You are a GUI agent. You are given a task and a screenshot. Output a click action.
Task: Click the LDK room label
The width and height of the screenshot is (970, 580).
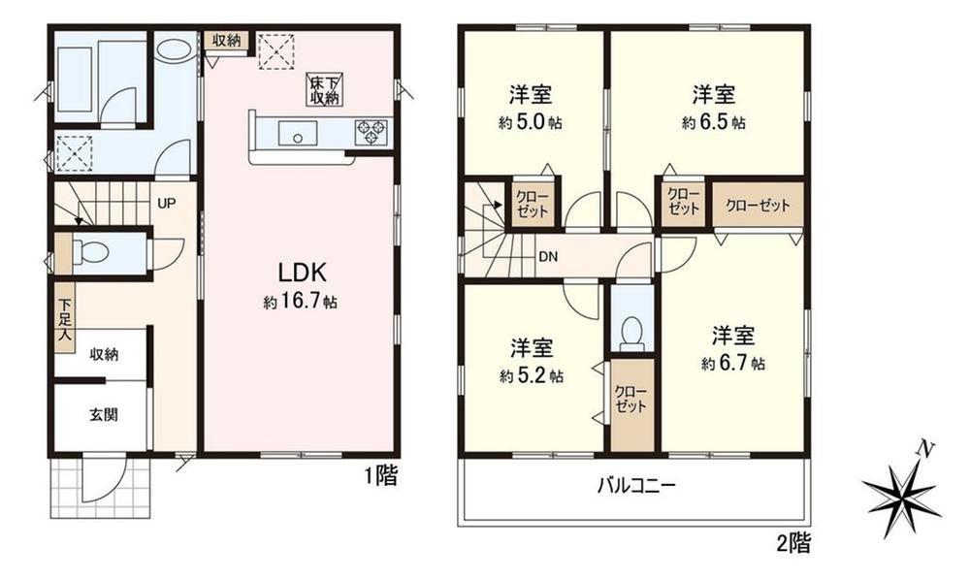coord(301,273)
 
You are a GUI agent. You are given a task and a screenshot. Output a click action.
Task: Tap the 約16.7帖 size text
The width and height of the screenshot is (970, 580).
coord(300,303)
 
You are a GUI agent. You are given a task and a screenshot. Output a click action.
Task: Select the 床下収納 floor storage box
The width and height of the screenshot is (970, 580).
coord(326,89)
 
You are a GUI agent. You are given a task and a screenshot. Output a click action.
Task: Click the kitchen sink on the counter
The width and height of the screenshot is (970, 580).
coord(298,133)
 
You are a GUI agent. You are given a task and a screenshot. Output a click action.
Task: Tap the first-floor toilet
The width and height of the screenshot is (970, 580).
coord(90,252)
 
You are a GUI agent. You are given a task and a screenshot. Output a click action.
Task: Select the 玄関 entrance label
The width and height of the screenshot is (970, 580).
coord(103,415)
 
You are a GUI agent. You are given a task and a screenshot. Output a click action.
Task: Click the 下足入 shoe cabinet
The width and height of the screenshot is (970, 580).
coord(64,318)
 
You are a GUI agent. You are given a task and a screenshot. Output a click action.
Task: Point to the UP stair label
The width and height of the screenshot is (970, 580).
coord(166,203)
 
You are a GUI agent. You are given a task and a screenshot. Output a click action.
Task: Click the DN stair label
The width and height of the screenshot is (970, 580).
coord(548,256)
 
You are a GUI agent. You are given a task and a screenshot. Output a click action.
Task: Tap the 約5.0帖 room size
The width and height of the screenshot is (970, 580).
coord(531,122)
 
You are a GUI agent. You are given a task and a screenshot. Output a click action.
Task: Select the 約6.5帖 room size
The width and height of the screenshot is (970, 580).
coord(713,122)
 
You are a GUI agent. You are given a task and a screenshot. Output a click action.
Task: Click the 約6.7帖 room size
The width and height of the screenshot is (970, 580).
coord(732,364)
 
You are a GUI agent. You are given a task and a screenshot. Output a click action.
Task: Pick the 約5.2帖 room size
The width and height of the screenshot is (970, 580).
coord(532,375)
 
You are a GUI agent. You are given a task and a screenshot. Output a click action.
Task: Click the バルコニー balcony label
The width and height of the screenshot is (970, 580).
coord(636,485)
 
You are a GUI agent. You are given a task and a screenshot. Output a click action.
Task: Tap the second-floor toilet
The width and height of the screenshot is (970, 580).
coord(631,333)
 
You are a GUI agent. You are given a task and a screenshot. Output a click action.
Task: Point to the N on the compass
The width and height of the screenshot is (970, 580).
coord(924,448)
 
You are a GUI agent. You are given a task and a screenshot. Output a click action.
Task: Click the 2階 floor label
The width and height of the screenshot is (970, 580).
coord(793,543)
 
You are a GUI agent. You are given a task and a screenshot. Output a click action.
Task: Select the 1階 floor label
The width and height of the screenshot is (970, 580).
coord(380,475)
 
